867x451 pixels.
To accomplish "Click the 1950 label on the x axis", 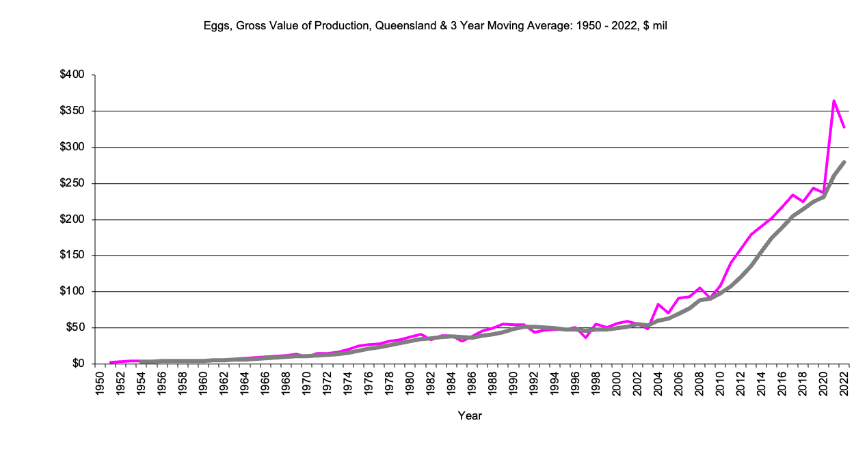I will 101,384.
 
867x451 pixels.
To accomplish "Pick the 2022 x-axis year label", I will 845,384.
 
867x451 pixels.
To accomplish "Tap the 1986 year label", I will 472,384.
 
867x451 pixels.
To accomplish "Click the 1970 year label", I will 307,384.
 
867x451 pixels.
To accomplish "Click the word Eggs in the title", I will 215,26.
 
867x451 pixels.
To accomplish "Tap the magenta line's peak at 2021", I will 834,100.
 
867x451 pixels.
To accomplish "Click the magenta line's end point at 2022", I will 845,127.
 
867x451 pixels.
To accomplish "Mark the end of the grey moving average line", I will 845,162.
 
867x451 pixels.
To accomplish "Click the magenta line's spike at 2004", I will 658,304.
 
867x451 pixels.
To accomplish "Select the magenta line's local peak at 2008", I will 700,288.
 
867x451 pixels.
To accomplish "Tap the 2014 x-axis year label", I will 762,384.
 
